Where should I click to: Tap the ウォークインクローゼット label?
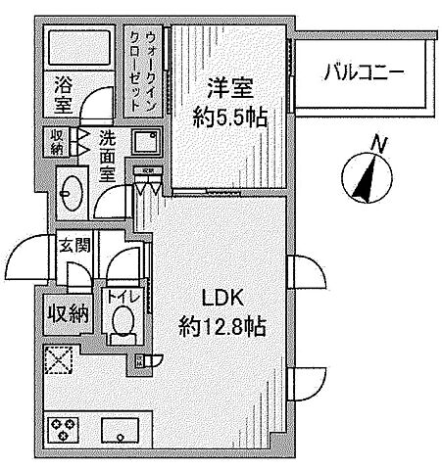tap(142, 61)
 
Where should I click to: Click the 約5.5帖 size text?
tap(230, 117)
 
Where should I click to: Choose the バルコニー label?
tap(365, 72)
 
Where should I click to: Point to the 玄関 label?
tap(73, 245)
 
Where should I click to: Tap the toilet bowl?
tap(123, 321)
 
